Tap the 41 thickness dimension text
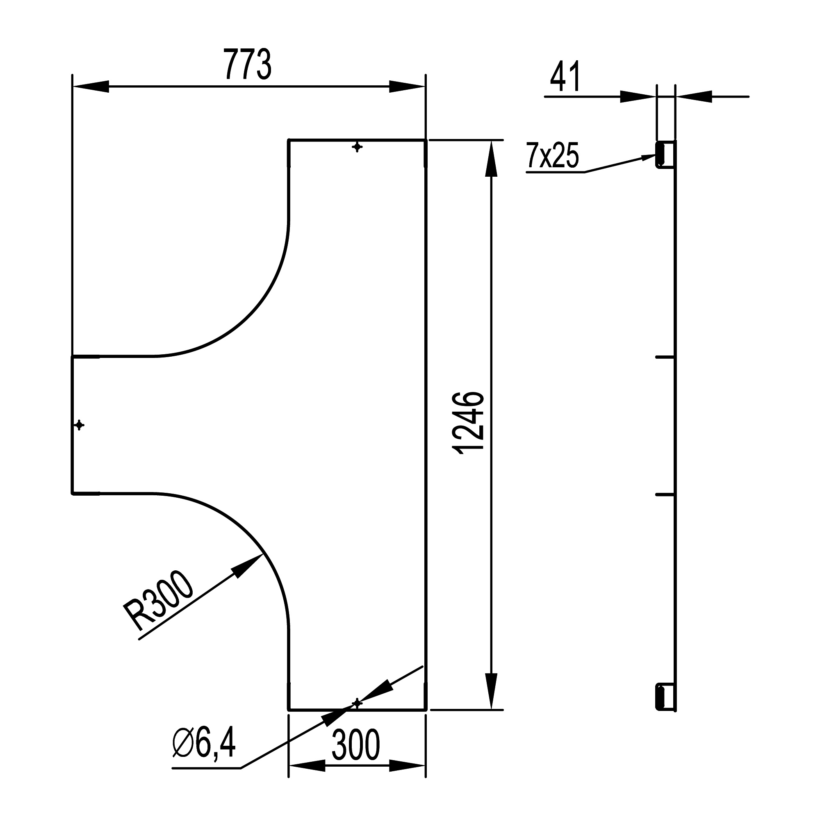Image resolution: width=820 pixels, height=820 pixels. click(565, 77)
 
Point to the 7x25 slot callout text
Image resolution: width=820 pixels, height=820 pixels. click(552, 156)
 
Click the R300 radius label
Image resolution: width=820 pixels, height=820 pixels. click(158, 601)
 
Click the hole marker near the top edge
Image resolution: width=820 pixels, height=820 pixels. click(358, 147)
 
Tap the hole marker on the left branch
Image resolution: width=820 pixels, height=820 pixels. click(79, 425)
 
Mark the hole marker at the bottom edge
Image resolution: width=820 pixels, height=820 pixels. click(358, 703)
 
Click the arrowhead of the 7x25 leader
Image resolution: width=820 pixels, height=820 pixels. click(656, 155)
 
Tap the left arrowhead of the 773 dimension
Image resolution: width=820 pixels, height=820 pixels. click(73, 86)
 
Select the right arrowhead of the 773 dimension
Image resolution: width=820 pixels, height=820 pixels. click(425, 86)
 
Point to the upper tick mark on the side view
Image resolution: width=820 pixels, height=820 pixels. click(665, 358)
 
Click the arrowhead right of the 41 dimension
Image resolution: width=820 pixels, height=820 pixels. click(676, 97)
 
